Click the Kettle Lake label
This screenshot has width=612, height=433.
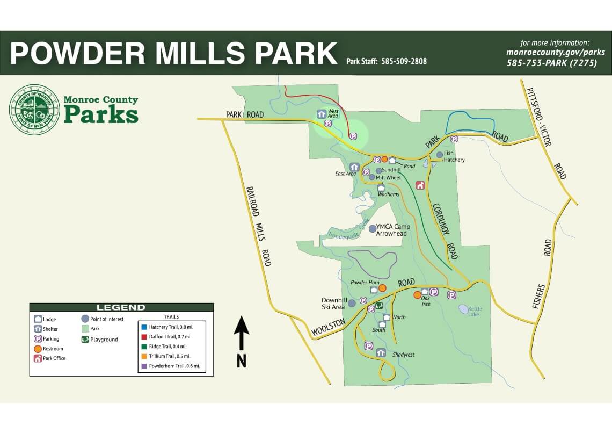tap(475, 311)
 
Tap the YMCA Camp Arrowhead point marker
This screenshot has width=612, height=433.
tap(372, 229)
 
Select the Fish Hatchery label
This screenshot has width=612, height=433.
tap(454, 156)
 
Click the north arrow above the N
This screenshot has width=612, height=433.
tap(242, 333)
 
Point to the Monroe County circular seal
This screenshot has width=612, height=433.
tap(34, 109)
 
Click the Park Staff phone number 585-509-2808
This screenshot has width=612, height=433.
tap(404, 61)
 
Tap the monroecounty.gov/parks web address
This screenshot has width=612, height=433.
tap(556, 53)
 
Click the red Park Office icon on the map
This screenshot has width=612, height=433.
tap(420, 185)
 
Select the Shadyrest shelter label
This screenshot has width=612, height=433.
tap(403, 355)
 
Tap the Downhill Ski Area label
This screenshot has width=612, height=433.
tap(333, 303)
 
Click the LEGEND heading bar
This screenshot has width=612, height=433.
tap(121, 307)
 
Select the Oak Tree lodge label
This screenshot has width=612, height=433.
tap(425, 301)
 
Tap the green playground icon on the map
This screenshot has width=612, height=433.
tap(379, 305)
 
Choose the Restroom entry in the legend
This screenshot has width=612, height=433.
tap(53, 349)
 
